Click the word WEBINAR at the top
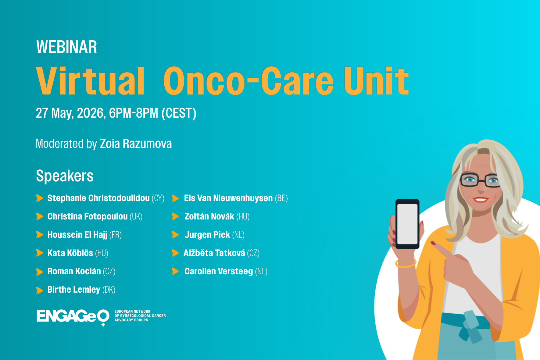[x=66, y=47]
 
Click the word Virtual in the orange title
[x=90, y=81]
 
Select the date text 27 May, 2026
[x=70, y=113]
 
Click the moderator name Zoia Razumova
[x=136, y=144]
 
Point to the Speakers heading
[x=65, y=176]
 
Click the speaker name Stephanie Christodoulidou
[x=98, y=198]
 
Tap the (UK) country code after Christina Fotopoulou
[x=136, y=216]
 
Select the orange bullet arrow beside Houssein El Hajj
[x=39, y=235]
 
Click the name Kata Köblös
[x=70, y=253]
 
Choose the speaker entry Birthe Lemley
[x=74, y=290]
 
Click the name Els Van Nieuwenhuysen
[x=228, y=198]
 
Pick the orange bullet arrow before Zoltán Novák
[x=175, y=216]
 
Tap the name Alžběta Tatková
[x=214, y=253]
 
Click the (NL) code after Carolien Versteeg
[x=261, y=271]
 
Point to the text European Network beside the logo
[x=132, y=312]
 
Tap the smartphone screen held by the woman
[x=407, y=224]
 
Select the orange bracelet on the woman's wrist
[x=406, y=264]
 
